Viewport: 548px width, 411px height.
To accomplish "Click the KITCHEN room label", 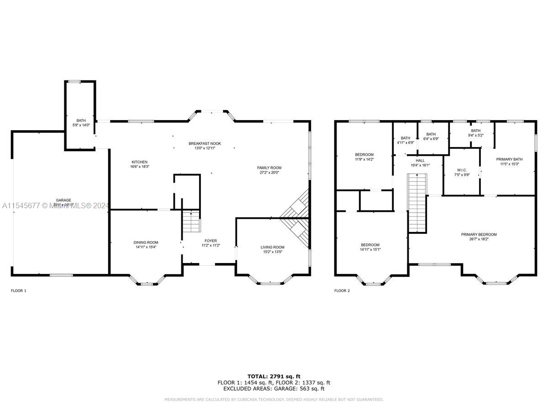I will point(139,162).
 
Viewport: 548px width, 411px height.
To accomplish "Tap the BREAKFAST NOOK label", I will point(205,143).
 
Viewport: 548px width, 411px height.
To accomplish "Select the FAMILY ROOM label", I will point(269,168).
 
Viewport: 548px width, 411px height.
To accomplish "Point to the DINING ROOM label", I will point(146,242).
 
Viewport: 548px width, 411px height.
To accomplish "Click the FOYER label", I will point(211,241).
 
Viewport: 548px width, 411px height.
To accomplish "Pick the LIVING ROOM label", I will point(272,247).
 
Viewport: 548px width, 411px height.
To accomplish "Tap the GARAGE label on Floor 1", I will point(63,200).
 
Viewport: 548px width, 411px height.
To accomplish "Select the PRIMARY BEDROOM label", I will point(479,234).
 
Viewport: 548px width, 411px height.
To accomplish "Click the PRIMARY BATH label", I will point(509,159).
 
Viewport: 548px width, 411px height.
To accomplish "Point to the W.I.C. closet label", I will point(461,170).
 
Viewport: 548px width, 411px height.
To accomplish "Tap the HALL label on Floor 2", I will point(420,160).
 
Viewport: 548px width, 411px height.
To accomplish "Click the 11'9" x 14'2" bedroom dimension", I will point(364,159).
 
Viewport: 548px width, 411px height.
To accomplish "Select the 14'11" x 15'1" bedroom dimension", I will point(370,249).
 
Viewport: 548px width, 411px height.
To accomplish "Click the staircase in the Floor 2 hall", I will point(416,203).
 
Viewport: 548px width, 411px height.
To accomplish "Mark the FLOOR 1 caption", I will point(19,290).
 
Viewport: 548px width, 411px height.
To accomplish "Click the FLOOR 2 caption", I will point(342,290).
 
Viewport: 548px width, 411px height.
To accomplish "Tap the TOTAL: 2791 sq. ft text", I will point(274,376).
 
